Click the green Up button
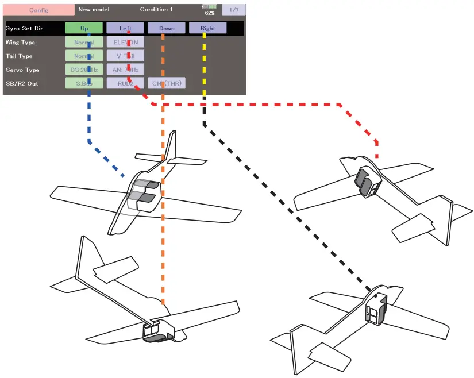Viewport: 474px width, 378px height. click(84, 28)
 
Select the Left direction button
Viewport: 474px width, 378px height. click(125, 28)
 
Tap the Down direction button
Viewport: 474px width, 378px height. click(166, 28)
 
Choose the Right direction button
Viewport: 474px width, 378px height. click(207, 28)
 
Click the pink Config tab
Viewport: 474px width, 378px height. click(38, 10)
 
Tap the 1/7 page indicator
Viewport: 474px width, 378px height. click(233, 10)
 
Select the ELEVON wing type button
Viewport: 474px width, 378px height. click(125, 42)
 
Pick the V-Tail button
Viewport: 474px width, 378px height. click(125, 56)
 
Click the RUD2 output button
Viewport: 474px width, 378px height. click(125, 83)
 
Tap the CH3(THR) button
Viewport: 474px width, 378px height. click(167, 83)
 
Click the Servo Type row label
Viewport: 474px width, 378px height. click(22, 70)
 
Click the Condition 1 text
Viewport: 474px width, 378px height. click(156, 10)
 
